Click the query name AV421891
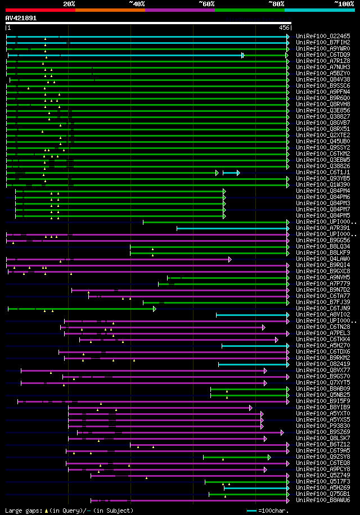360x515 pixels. (x=21, y=18)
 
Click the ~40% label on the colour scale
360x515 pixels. (x=137, y=3)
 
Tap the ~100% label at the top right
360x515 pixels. (x=344, y=3)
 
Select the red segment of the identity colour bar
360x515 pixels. (x=40, y=10)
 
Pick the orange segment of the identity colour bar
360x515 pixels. (x=110, y=10)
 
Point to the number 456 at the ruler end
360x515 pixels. (x=284, y=28)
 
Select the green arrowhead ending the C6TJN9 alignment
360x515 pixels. (x=155, y=309)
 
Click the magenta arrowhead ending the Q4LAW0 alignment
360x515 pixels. (x=229, y=259)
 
